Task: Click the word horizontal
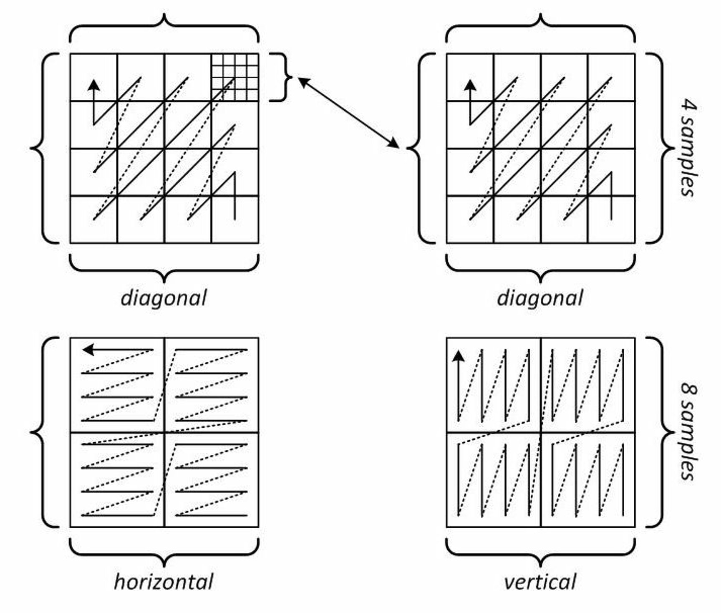pos(164,582)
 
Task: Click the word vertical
pos(540,582)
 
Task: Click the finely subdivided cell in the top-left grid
pos(235,77)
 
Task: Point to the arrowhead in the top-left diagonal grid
pos(94,85)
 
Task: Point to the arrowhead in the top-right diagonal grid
pos(470,85)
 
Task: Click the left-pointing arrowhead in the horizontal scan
pos(88,350)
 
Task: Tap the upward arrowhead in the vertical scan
pos(458,356)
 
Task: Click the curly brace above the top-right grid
pos(541,28)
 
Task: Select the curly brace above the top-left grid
pos(164,28)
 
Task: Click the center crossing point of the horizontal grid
pos(164,433)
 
